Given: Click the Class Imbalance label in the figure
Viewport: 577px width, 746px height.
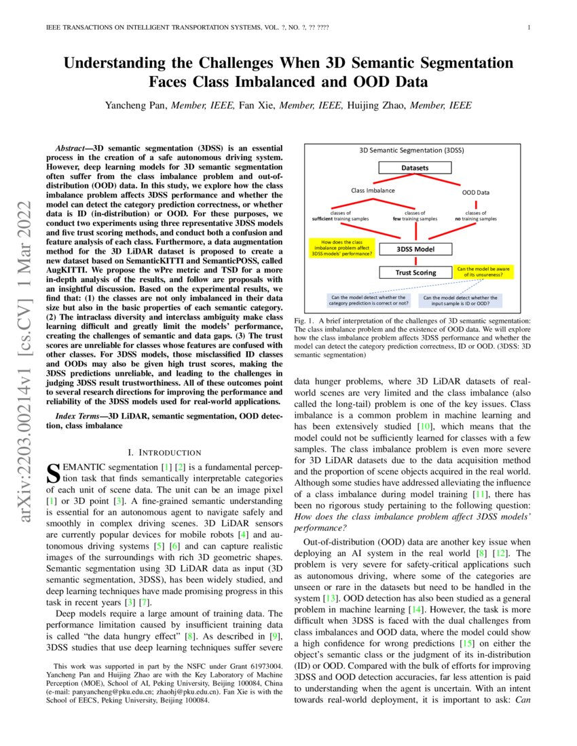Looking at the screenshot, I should [372, 191].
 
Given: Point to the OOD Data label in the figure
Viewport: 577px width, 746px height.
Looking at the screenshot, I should [476, 192].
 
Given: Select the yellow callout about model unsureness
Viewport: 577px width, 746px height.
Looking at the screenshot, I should [483, 272].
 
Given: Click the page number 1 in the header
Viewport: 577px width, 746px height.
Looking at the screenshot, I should [528, 28].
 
